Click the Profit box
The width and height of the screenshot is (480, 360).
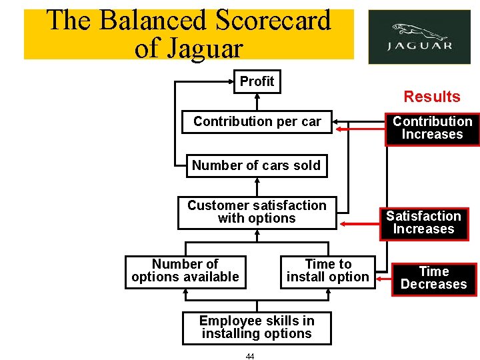coord(257,81)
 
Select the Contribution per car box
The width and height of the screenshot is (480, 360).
coord(257,121)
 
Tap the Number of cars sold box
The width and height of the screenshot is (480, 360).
coord(257,165)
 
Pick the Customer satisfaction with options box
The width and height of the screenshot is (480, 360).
coord(257,212)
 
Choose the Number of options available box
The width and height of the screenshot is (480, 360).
coord(185,271)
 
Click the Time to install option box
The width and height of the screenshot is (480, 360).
coord(327,271)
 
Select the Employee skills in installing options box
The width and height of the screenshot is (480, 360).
coord(257,327)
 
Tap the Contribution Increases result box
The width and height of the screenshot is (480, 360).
coord(432,128)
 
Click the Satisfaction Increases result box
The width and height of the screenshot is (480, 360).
coord(423,223)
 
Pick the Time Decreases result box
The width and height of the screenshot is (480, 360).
coord(433,278)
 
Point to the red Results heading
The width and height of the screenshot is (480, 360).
coord(432,97)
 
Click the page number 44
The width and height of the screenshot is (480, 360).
coord(250,357)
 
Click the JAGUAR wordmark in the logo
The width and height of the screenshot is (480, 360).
coord(419,47)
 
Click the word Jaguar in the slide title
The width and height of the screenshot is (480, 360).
coord(206,48)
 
